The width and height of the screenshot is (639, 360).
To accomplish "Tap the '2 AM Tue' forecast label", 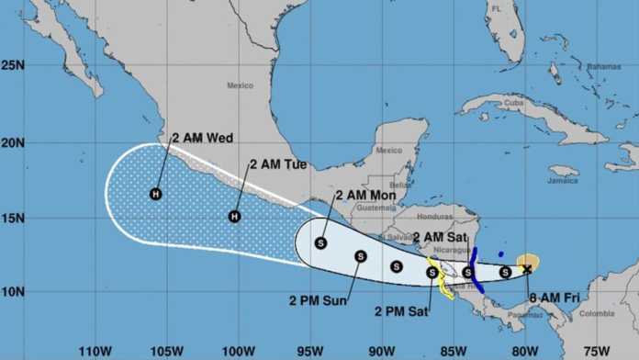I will click(x=278, y=165).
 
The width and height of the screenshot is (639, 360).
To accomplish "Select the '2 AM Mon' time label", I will click(x=364, y=195).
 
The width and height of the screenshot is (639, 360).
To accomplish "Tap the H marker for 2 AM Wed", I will click(x=156, y=194).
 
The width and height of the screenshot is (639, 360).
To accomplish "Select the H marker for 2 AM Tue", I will click(x=234, y=217).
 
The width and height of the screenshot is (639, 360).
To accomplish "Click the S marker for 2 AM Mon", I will click(x=320, y=242).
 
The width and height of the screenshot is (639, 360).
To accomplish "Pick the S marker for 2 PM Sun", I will click(x=361, y=256).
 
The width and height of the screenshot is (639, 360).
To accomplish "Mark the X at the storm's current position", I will click(x=527, y=268).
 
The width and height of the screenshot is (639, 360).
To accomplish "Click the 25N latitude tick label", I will click(x=13, y=65).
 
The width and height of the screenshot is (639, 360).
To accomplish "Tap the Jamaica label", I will click(x=561, y=181).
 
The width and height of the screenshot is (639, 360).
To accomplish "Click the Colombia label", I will click(x=597, y=313).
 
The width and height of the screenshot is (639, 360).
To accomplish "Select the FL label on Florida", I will click(x=497, y=8).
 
